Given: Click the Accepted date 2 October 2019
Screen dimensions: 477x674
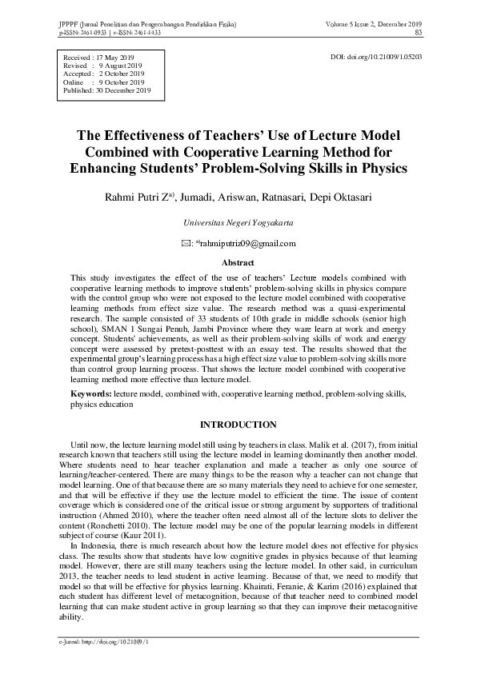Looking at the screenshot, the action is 120,74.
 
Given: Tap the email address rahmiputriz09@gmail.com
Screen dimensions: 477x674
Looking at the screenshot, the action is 246,244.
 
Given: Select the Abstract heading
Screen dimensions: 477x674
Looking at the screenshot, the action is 238,262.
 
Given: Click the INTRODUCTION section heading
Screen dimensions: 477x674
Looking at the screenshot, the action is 238,425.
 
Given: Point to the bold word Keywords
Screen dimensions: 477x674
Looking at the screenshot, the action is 90,394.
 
